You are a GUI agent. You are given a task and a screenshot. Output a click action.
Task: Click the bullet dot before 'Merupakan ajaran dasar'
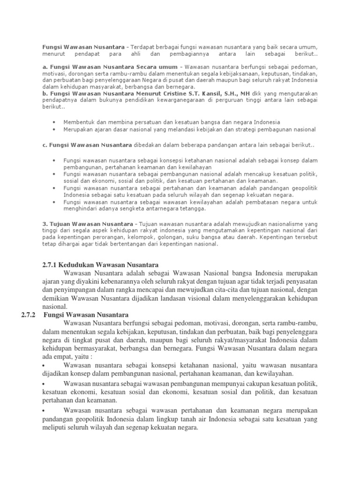[x=56, y=129]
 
